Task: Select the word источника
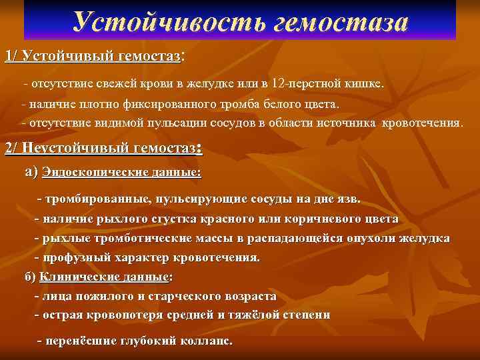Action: click(359, 123)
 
